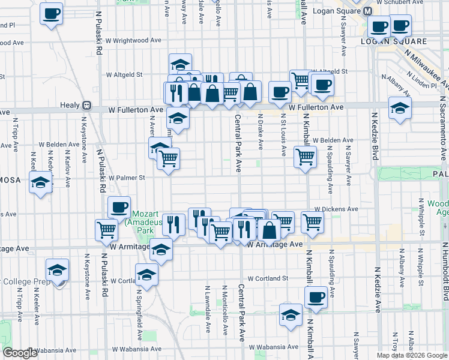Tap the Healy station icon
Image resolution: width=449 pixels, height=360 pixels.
[86, 105]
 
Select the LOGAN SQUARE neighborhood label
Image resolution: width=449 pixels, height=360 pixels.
[394, 41]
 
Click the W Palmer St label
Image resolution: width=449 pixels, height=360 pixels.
[127, 178]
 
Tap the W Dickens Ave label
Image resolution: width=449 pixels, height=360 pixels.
[337, 209]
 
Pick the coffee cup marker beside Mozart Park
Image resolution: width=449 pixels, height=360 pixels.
[119, 207]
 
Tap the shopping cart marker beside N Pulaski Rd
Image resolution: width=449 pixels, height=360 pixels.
[106, 229]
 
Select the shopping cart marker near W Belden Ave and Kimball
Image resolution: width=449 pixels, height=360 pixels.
[305, 157]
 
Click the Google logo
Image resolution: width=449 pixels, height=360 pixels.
[20, 353]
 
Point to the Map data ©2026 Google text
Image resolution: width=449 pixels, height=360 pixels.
[411, 355]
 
